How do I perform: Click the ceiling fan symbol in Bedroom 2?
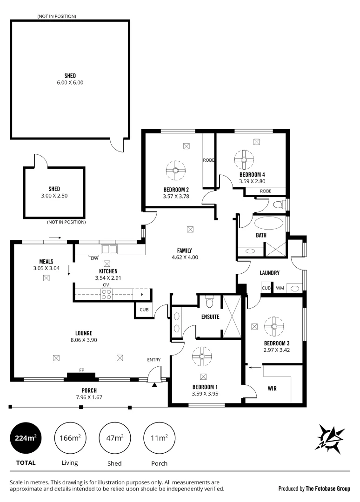(x=176, y=170)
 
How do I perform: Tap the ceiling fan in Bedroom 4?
(x=243, y=159)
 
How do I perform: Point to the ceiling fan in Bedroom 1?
(x=202, y=356)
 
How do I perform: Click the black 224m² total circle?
(x=26, y=438)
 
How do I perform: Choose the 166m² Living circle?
(x=70, y=438)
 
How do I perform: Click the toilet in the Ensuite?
(x=209, y=303)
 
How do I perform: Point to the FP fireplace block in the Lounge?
(x=81, y=376)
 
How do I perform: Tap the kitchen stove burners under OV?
(x=106, y=294)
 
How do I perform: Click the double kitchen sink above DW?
(x=109, y=249)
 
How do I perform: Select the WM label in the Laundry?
(x=280, y=288)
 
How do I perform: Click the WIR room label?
(x=273, y=388)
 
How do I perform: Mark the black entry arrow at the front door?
(x=155, y=384)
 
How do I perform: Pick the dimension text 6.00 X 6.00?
(x=70, y=82)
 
